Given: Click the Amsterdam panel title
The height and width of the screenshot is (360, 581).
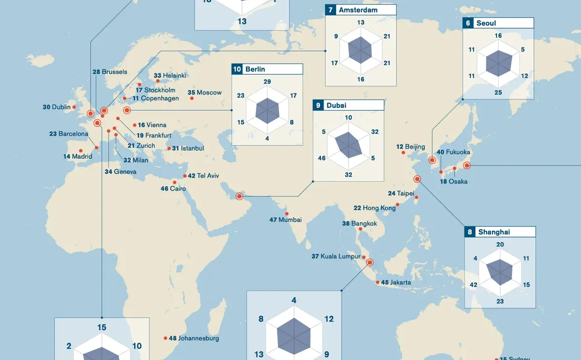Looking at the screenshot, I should click(x=358, y=10).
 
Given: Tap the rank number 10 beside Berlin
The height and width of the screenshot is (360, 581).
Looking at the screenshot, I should click(x=237, y=69).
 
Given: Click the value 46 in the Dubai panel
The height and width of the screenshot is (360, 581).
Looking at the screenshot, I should click(x=322, y=158).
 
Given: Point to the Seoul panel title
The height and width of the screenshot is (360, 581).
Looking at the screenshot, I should click(x=486, y=23).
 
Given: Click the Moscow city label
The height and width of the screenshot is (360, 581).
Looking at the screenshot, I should click(x=209, y=93).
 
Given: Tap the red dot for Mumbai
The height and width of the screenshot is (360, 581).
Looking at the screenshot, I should click(x=287, y=214).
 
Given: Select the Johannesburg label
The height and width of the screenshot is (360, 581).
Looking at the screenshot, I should click(x=198, y=338).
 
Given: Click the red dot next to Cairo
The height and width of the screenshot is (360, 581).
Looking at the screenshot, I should click(x=175, y=183).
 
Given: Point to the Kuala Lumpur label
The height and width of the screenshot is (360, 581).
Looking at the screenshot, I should click(x=340, y=257).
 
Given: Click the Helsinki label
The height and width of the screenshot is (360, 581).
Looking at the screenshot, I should click(x=174, y=76).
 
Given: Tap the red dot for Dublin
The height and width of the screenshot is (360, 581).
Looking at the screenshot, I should click(x=74, y=107).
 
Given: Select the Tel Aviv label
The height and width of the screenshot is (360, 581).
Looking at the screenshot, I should click(x=208, y=176).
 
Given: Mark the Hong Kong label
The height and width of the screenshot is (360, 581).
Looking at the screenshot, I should click(x=379, y=208).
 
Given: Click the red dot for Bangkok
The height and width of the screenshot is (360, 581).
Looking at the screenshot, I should click(x=360, y=229).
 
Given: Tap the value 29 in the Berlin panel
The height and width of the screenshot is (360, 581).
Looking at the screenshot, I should click(x=267, y=82).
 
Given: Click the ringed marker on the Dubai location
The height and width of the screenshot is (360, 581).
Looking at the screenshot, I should click(x=239, y=196).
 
